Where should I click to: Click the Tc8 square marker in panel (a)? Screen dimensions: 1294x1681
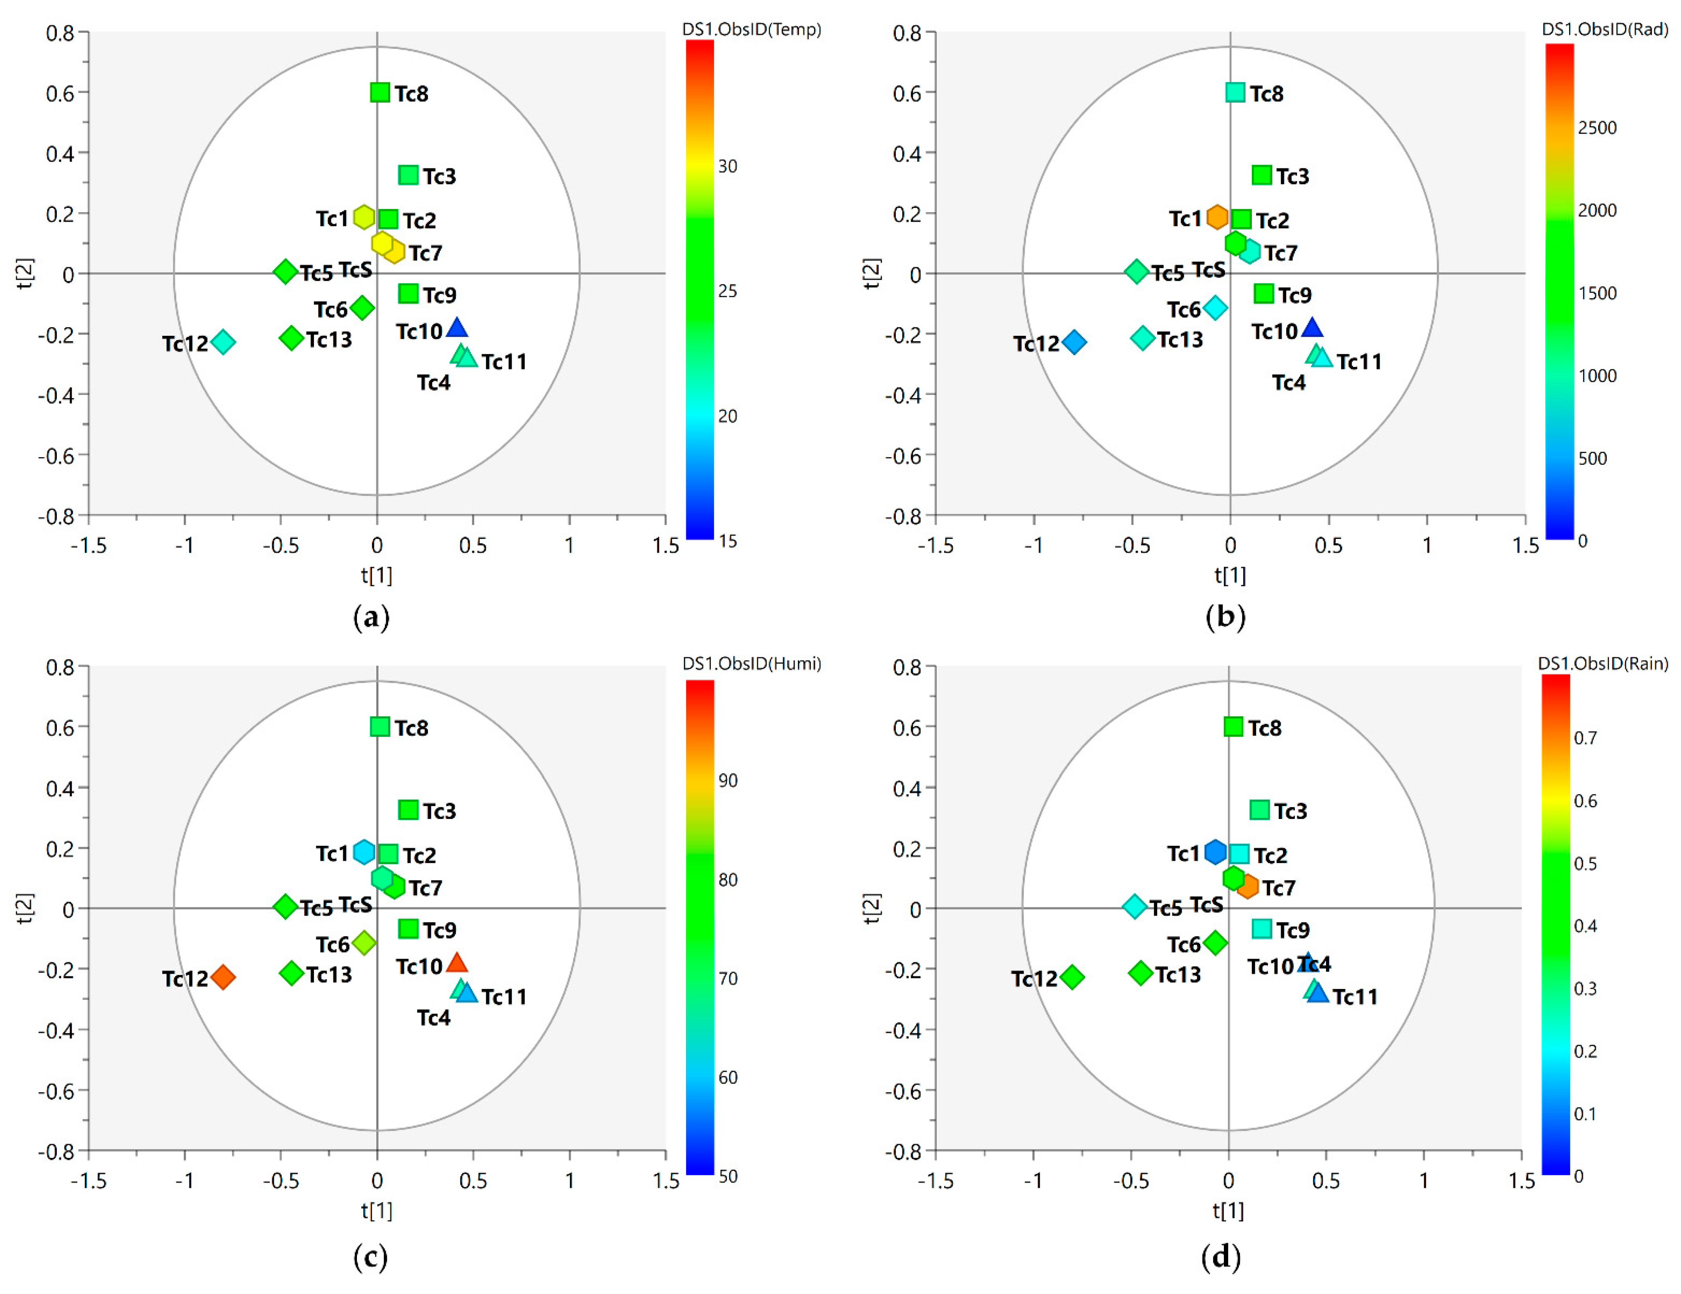pos(379,92)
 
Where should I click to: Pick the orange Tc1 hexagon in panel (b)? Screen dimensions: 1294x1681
pos(1217,217)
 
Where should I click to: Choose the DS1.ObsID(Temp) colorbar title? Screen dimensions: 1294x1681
pos(751,29)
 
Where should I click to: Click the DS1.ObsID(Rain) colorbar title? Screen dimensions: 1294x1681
pos(1603,664)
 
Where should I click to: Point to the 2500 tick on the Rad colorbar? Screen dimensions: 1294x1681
pos(1597,128)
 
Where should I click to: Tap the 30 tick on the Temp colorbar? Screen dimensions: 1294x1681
pos(727,166)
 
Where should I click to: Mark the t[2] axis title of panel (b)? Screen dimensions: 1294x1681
pos(871,273)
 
